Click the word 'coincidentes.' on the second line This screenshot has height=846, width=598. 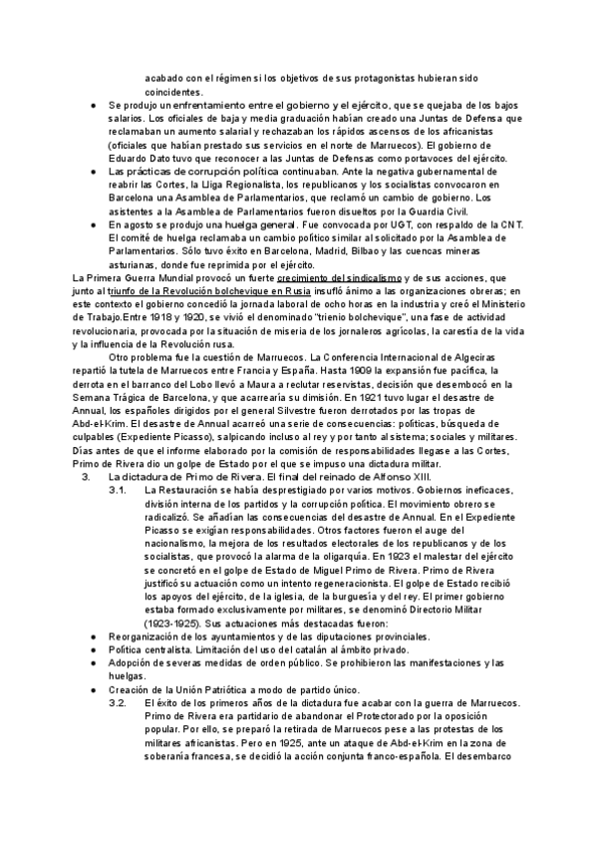pyautogui.click(x=174, y=92)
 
